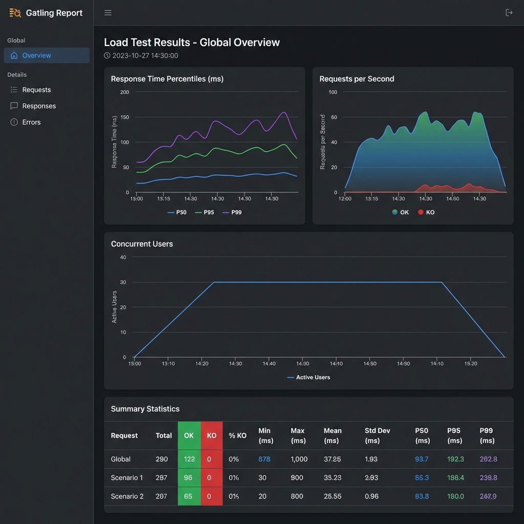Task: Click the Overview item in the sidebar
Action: pos(36,55)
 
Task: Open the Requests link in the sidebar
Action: pos(36,90)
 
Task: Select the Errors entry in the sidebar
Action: pos(31,122)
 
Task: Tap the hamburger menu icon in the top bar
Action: pos(108,13)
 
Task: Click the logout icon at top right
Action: pos(509,13)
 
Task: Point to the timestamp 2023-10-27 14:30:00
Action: pos(145,56)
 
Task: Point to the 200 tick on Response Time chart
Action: pos(125,92)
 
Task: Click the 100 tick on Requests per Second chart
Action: pos(333,92)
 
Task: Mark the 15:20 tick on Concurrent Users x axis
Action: pos(470,364)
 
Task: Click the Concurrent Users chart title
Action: pos(142,244)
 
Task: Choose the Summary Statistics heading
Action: pos(145,409)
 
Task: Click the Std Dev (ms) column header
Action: pos(377,435)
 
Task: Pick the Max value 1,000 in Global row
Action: pos(299,459)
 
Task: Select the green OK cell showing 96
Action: pos(189,477)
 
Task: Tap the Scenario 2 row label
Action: pos(127,496)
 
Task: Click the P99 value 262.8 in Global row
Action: pos(488,459)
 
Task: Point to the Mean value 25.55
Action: pos(332,496)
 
